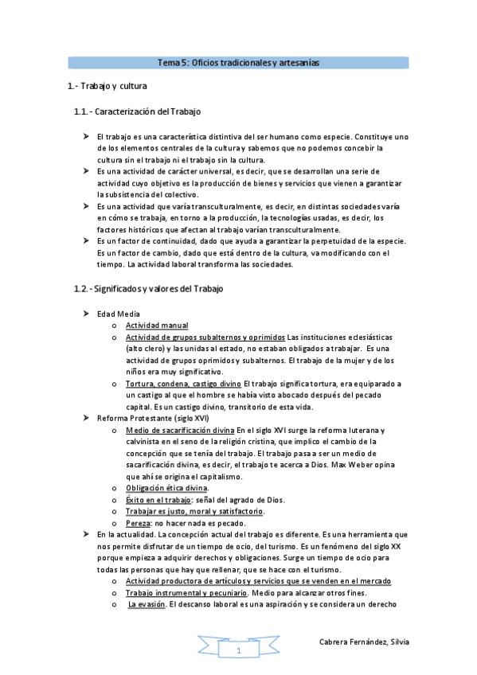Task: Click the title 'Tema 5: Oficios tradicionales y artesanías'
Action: click(x=238, y=62)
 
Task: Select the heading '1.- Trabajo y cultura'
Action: click(x=107, y=85)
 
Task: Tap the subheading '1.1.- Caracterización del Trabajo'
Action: click(x=138, y=111)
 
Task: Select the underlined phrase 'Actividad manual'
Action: click(x=157, y=326)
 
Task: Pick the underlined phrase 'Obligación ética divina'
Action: click(x=167, y=487)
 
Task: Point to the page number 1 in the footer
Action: click(x=238, y=651)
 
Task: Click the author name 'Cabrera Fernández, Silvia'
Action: click(x=364, y=642)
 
